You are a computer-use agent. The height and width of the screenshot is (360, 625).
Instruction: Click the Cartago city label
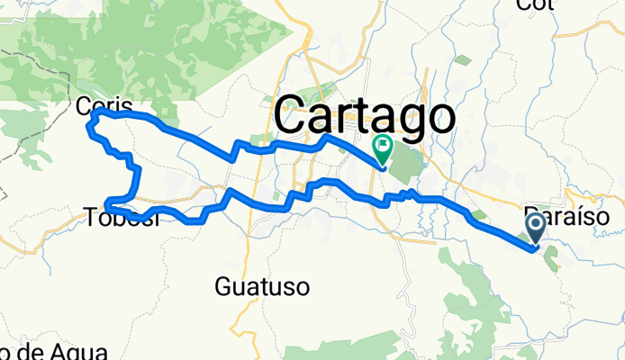(x=363, y=115)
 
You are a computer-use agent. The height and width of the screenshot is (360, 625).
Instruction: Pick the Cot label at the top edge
(x=533, y=4)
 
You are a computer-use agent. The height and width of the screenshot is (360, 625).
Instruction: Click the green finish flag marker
(x=383, y=145)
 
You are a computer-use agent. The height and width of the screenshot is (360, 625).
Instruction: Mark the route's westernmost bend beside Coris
(x=87, y=129)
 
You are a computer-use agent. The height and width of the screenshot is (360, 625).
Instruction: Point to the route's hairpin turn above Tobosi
(x=108, y=202)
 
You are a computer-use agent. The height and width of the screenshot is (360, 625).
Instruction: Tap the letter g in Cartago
(x=403, y=121)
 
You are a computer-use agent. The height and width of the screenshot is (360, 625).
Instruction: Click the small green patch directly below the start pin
(x=549, y=261)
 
